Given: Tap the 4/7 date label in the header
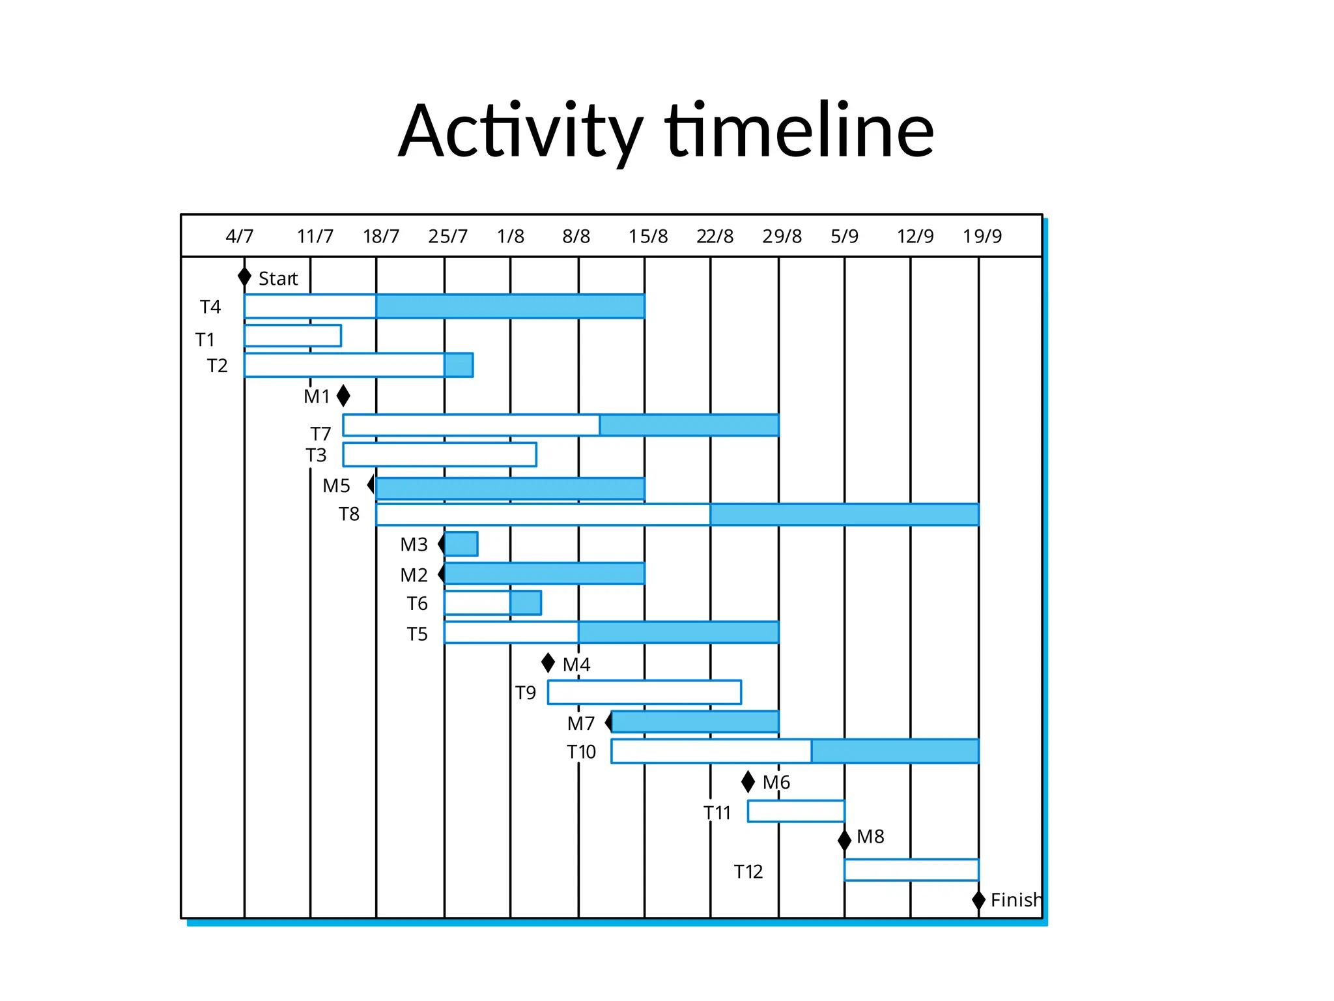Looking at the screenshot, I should [x=239, y=236].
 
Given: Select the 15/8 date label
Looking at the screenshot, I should [x=647, y=236].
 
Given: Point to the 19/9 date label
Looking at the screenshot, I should [x=982, y=236].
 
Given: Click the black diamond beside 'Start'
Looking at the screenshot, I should [x=244, y=277].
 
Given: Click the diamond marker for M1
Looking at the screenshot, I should [x=343, y=396].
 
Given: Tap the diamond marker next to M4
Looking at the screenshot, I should [x=548, y=663].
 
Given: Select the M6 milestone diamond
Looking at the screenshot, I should [x=748, y=781].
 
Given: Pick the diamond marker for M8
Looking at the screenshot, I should [x=844, y=840].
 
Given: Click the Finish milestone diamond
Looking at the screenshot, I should [x=978, y=900].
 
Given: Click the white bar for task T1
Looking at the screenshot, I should [x=292, y=336].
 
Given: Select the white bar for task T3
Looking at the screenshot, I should [x=440, y=454].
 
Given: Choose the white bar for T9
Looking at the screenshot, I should [x=644, y=692].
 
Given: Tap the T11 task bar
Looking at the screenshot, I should [x=796, y=811].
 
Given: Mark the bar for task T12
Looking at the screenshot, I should [x=911, y=870].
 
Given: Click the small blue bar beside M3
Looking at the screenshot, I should [x=461, y=544].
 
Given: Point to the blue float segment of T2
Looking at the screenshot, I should [x=459, y=365].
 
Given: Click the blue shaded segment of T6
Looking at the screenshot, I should [x=526, y=603].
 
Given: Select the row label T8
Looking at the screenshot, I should [x=349, y=514].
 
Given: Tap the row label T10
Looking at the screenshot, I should [x=581, y=752].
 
